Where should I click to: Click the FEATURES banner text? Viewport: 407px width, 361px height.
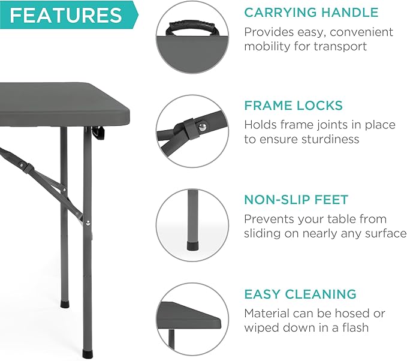coord(65,15)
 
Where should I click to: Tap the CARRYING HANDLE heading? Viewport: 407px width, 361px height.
coord(311,12)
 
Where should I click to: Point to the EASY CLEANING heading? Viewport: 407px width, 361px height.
coord(300,294)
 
